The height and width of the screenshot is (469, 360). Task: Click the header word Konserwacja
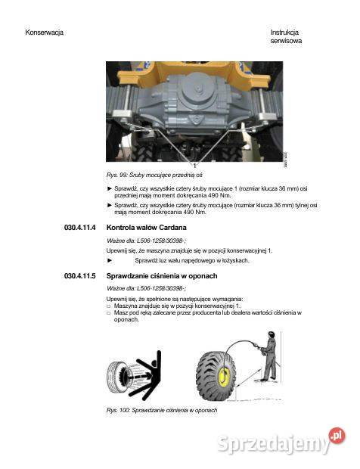(44, 33)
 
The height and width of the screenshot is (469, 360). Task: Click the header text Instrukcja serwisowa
(285, 37)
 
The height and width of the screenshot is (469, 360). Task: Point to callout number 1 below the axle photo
(194, 164)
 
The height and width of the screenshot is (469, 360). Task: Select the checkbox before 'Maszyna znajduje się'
(108, 306)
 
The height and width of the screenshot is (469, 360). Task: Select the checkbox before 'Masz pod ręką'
(108, 312)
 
